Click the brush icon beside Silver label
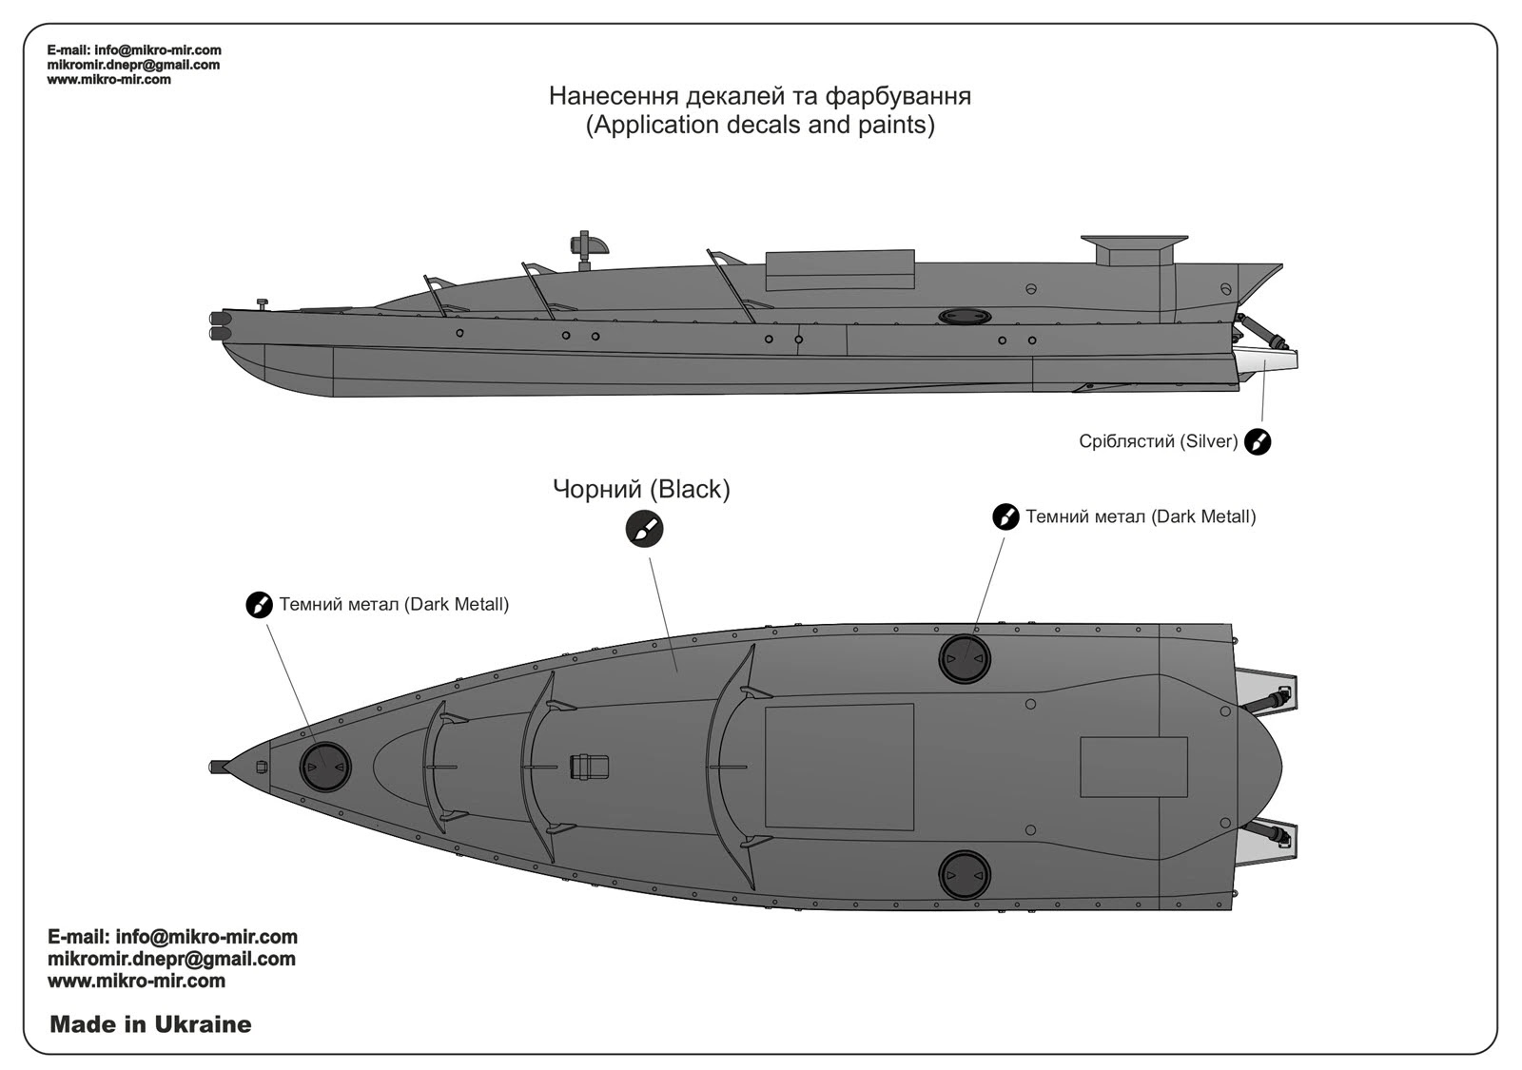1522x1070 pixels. (x=1257, y=441)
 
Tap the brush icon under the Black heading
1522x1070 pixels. (x=644, y=529)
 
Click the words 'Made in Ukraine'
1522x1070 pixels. (x=150, y=1023)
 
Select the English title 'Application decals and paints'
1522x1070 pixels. (x=760, y=125)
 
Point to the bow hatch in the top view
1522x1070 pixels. (x=324, y=767)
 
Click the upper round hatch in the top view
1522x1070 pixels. (x=965, y=659)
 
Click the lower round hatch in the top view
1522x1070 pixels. (x=965, y=875)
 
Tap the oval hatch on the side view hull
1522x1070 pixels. (x=966, y=317)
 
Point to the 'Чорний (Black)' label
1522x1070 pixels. (x=641, y=489)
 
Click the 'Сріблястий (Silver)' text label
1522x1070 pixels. (x=1158, y=441)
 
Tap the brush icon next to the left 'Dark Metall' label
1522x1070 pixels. (x=259, y=604)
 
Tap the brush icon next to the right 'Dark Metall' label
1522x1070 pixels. (x=1005, y=516)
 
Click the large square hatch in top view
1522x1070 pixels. (x=839, y=767)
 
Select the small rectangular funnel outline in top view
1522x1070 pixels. (x=1134, y=767)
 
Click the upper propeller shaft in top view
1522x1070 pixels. (x=1265, y=700)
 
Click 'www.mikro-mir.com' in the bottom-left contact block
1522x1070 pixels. (x=137, y=981)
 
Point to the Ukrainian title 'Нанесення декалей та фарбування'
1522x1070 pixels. (x=760, y=96)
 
